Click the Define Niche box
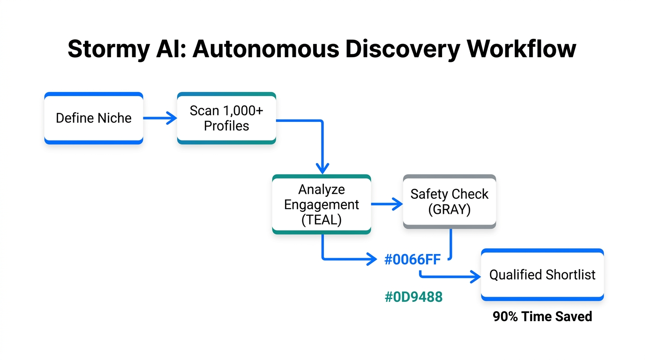[x=93, y=118]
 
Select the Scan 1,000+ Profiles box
[x=226, y=118]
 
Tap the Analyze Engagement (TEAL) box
[x=322, y=204]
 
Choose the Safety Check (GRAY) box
[x=449, y=202]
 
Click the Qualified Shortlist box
[x=542, y=275]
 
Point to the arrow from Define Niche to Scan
[x=159, y=118]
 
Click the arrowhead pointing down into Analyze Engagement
[x=322, y=168]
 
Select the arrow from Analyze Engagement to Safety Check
[x=387, y=204]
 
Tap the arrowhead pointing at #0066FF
[x=373, y=259]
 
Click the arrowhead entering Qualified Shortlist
[x=476, y=277]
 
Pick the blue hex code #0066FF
[x=412, y=259]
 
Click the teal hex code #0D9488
[x=413, y=297]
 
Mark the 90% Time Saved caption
[x=542, y=316]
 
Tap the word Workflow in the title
[x=520, y=49]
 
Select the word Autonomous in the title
[x=265, y=49]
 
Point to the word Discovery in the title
[x=401, y=49]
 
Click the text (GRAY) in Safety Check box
[x=449, y=209]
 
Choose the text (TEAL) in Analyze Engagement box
[x=322, y=219]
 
